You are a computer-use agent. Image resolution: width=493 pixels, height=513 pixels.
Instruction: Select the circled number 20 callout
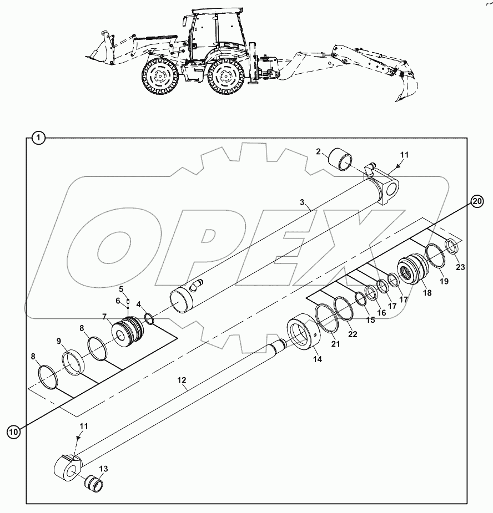pos(478,201)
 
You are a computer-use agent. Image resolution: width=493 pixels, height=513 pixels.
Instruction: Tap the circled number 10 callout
pos(14,430)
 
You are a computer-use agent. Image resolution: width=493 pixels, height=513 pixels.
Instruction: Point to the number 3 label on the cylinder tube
pos(302,202)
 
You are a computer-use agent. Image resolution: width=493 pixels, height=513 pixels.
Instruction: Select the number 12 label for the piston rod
pos(181,381)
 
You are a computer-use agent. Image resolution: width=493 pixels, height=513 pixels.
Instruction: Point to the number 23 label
pos(460,267)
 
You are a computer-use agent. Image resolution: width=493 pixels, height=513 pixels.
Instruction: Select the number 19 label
pos(444,281)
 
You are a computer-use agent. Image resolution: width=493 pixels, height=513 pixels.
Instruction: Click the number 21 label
pos(336,344)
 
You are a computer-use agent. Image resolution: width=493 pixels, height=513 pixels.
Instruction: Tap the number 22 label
pos(353,334)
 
